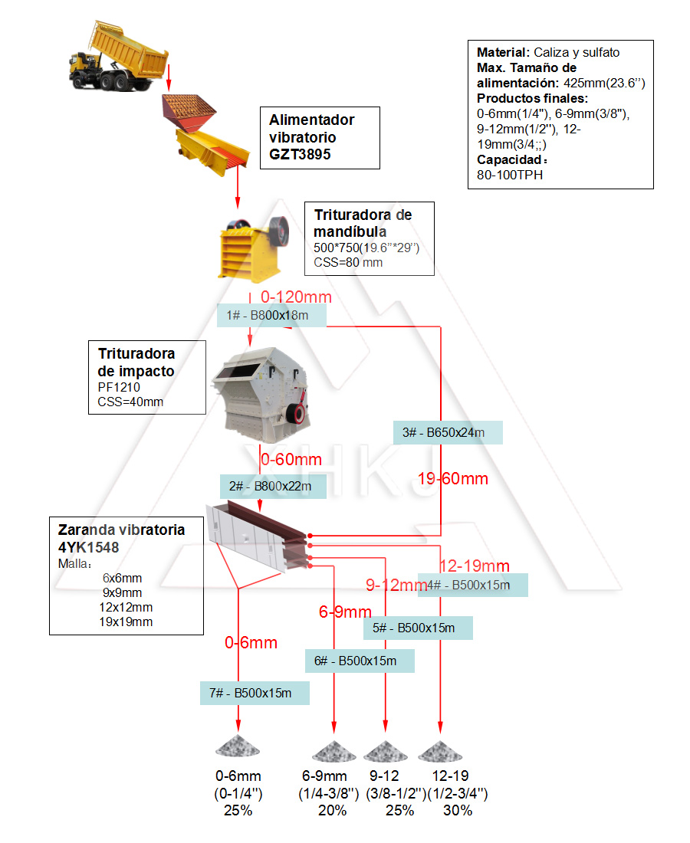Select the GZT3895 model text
click(300, 154)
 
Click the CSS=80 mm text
click(348, 262)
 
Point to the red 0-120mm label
click(296, 297)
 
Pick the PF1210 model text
click(119, 387)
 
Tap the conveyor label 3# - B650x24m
click(448, 433)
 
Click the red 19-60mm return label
click(453, 479)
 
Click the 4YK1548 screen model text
click(89, 547)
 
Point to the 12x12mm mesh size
click(126, 607)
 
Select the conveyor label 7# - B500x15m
click(255, 693)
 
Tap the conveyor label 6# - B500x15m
click(360, 661)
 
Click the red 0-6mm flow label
click(251, 643)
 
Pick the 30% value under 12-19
click(458, 810)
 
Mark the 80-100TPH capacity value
click(511, 175)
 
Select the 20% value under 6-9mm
click(332, 810)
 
